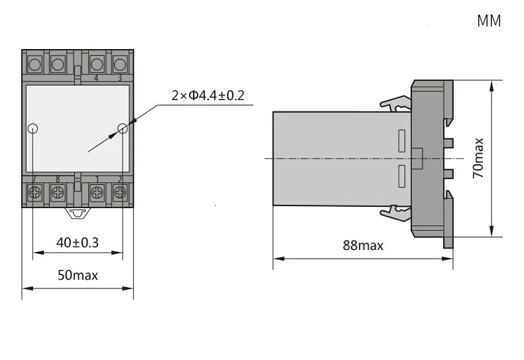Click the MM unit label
click(x=489, y=21)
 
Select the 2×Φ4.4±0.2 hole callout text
click(x=208, y=95)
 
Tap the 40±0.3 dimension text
click(x=78, y=243)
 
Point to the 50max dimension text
click(x=78, y=275)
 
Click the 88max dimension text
click(x=363, y=245)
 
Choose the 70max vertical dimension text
click(x=478, y=158)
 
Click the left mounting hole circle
click(x=33, y=129)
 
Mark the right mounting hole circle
click(x=123, y=128)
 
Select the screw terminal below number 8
click(x=58, y=192)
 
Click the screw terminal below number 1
click(x=98, y=193)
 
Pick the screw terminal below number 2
click(x=120, y=192)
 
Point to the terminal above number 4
click(x=97, y=64)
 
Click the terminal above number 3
click(x=120, y=64)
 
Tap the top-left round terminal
click(x=34, y=64)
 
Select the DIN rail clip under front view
click(x=78, y=213)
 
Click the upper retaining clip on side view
click(x=396, y=103)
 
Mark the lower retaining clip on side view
click(x=396, y=213)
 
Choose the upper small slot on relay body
click(x=402, y=141)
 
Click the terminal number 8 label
click(x=58, y=179)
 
